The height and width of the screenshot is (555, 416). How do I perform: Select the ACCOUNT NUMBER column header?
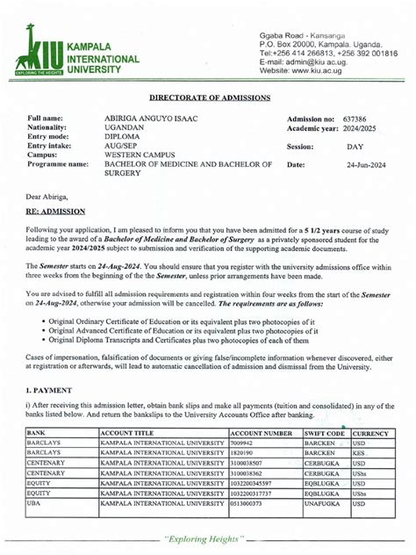[x=261, y=434]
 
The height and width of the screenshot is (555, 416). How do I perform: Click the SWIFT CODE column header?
[x=324, y=434]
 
